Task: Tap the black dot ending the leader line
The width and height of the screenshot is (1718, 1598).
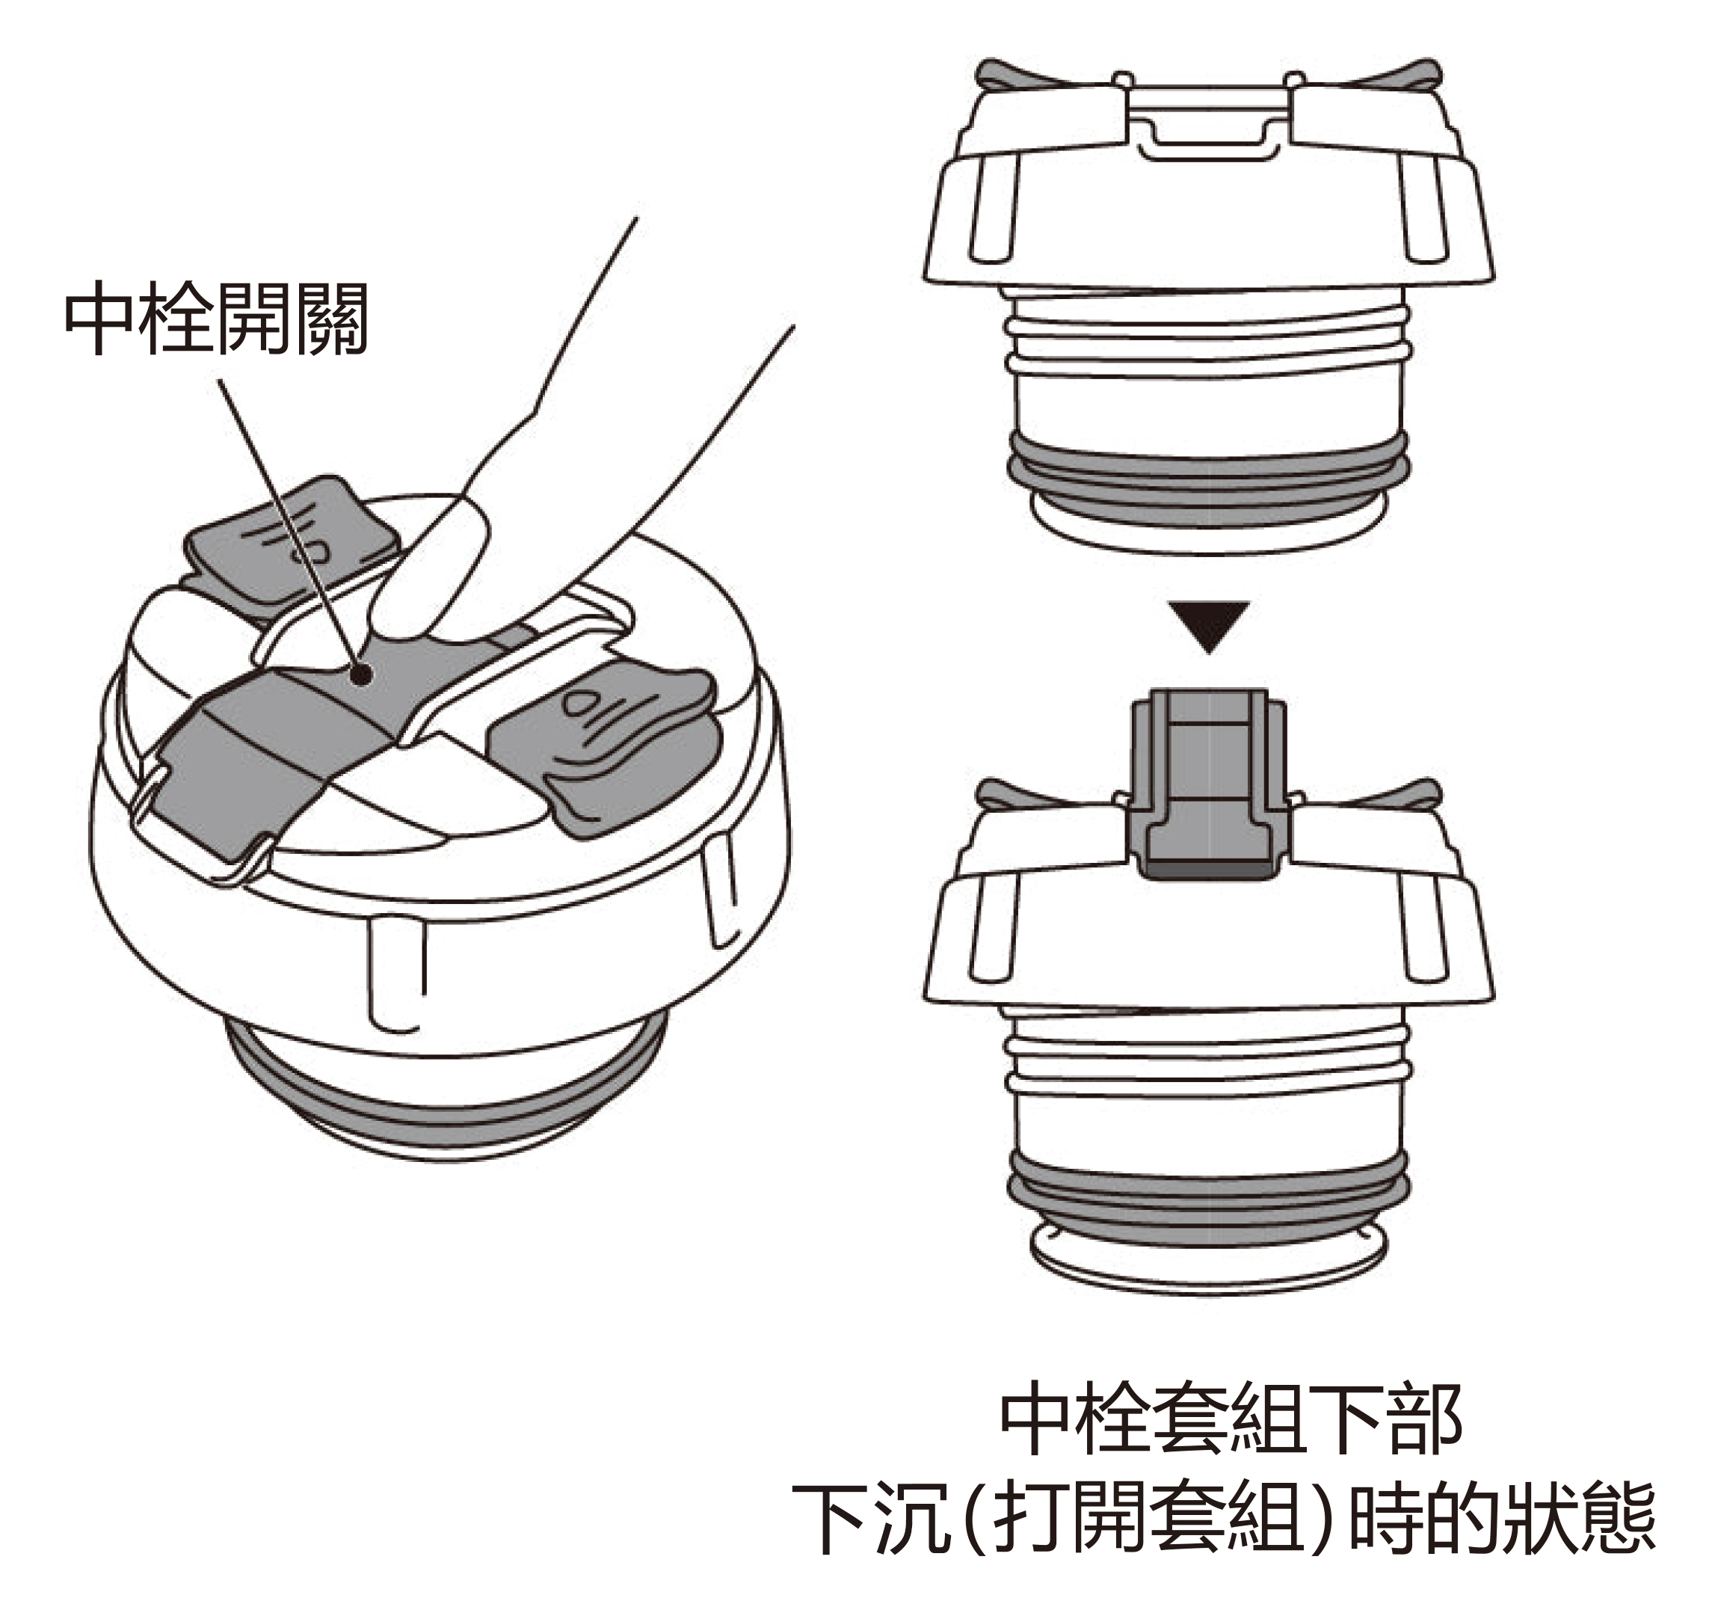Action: (x=365, y=675)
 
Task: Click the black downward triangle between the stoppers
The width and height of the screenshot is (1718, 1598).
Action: (x=1209, y=627)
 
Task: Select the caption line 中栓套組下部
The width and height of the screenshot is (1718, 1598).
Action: (x=1231, y=1420)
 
